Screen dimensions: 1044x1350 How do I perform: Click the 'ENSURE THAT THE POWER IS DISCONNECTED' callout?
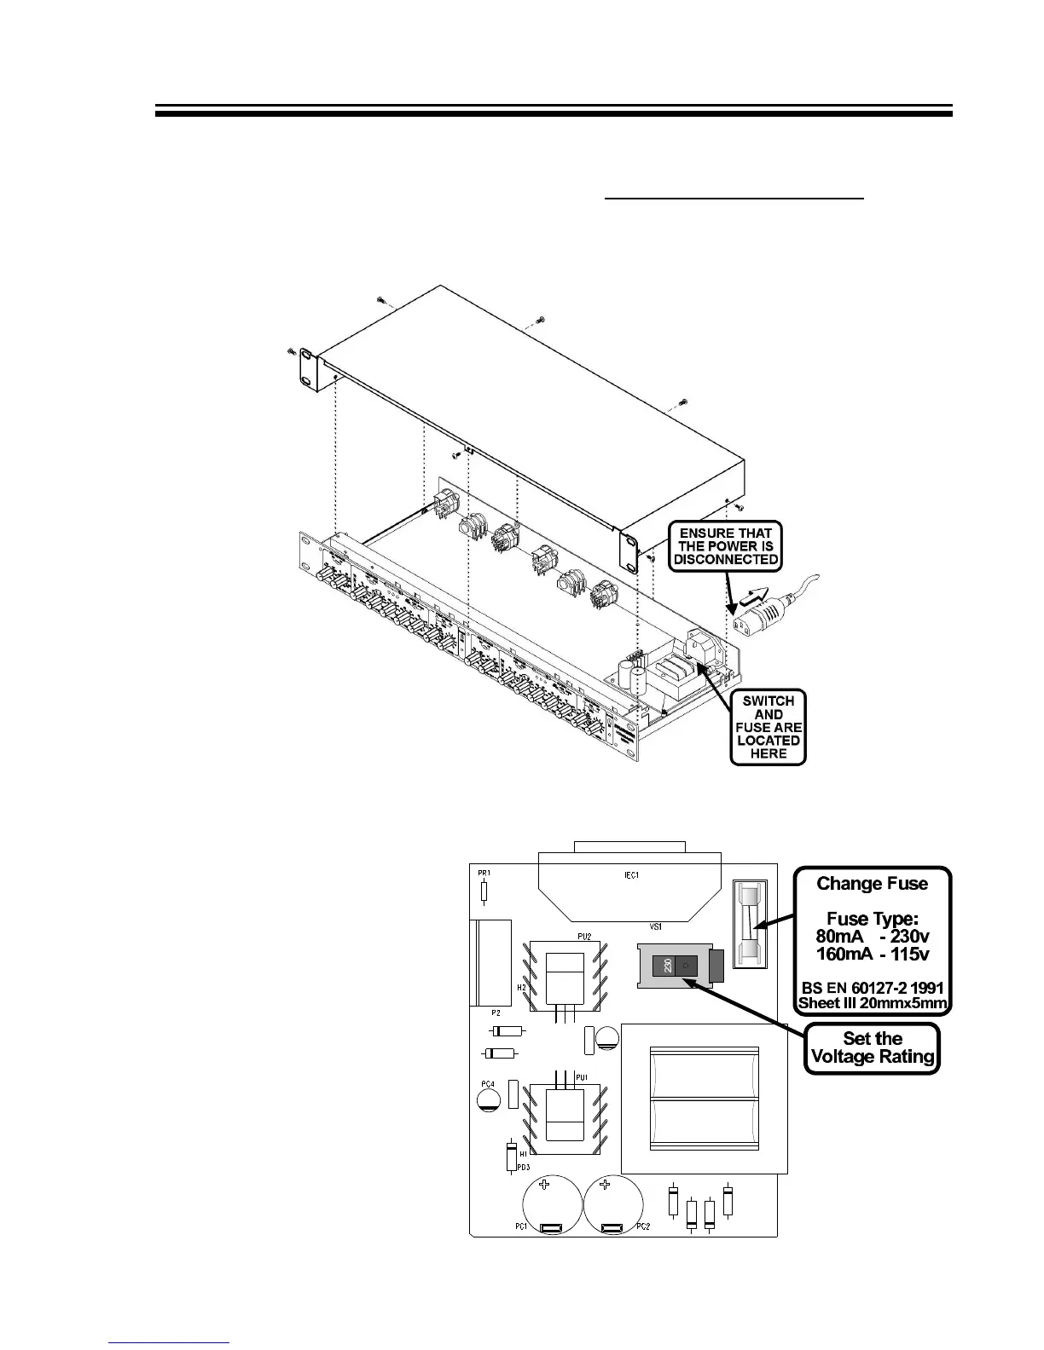point(725,546)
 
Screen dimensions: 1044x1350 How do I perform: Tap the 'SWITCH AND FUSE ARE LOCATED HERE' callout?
point(768,727)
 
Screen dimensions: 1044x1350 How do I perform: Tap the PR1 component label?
point(484,874)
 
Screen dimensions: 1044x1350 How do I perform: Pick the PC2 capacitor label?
point(643,1226)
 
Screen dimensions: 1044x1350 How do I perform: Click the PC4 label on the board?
point(487,1084)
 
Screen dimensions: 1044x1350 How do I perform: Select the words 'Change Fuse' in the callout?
point(872,883)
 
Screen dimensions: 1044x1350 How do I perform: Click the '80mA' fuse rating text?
point(840,936)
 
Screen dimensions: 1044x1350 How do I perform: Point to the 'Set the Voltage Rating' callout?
point(872,1047)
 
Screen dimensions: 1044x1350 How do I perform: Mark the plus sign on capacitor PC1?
point(543,1186)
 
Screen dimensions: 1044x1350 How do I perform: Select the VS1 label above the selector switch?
point(656,926)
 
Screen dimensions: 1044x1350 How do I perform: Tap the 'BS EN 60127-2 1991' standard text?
point(872,988)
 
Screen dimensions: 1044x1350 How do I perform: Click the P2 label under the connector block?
point(495,1013)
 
